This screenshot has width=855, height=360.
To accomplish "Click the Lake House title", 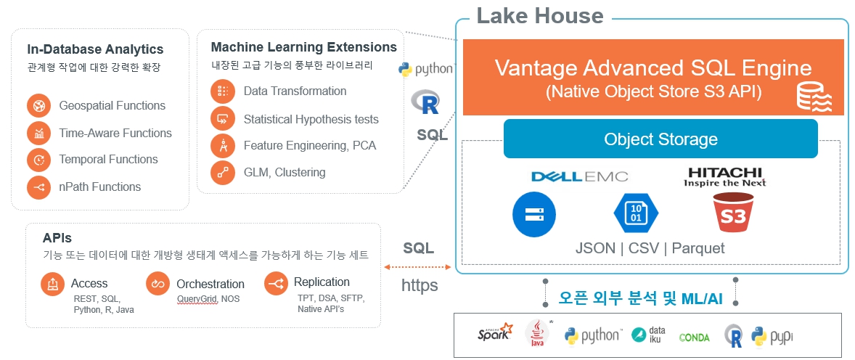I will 539,15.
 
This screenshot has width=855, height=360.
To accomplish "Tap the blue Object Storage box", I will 660,139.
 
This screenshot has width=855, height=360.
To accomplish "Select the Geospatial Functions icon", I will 38,106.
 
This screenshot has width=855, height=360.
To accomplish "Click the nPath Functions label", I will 100,187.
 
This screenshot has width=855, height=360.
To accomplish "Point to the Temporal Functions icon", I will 38,160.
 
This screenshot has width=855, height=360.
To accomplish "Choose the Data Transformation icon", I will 222,91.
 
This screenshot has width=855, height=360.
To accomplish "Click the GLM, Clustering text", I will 285,173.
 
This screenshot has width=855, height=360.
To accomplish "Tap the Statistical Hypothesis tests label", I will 311,119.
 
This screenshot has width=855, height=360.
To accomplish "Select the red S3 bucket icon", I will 732,214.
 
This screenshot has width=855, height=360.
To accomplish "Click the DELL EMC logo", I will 579,176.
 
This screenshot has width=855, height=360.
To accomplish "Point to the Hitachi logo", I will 724,176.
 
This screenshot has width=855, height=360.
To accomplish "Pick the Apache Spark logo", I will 495,334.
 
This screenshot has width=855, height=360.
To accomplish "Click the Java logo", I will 536,334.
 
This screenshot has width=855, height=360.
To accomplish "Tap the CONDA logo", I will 694,337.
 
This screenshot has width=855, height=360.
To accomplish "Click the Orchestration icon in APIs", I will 157,284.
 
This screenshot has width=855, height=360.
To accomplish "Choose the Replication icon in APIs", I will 276,284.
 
